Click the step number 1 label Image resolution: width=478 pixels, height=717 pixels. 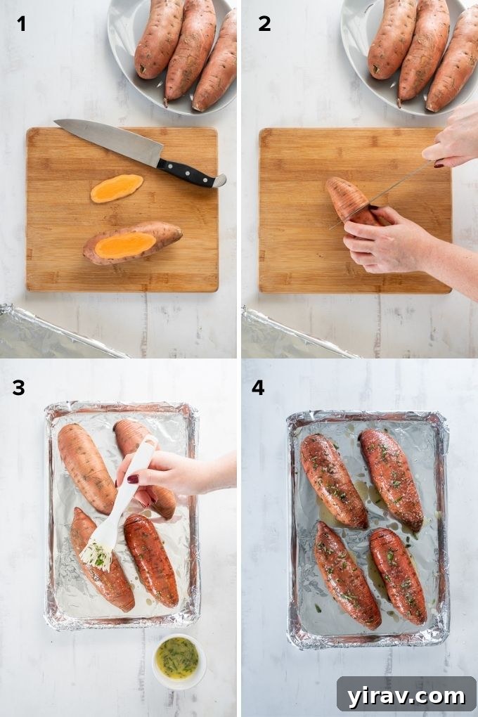click(x=22, y=24)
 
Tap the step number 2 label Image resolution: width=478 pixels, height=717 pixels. click(x=264, y=24)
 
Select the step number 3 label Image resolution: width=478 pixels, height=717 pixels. click(x=18, y=387)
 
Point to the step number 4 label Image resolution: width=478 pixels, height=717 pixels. click(x=258, y=387)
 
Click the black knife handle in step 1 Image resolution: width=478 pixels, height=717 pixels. click(x=188, y=173)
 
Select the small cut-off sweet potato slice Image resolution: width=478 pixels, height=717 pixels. click(x=117, y=188)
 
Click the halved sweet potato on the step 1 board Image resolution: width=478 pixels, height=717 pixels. click(x=132, y=243)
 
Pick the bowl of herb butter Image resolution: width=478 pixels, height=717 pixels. click(x=179, y=659)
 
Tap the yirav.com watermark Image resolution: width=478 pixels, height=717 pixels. click(x=406, y=696)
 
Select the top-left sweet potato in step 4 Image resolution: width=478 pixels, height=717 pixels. click(x=333, y=480)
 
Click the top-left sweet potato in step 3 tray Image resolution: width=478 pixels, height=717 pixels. click(x=86, y=467)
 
